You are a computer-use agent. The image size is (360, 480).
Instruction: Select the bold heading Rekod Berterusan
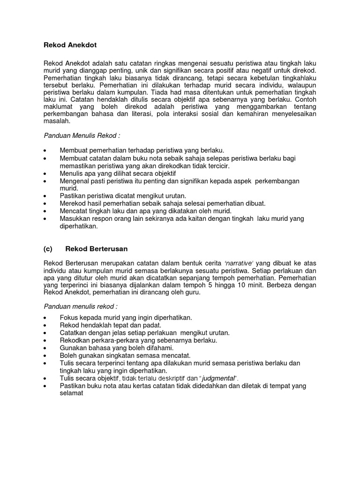tap(97, 248)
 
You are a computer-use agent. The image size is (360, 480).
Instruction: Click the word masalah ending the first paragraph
tap(57, 121)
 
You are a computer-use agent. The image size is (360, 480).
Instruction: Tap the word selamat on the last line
tap(71, 393)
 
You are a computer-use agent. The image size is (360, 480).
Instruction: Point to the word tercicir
tap(218, 165)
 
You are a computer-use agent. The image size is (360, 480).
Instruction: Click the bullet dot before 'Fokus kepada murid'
tap(45, 317)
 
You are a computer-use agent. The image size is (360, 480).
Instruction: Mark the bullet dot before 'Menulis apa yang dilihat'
tap(45, 173)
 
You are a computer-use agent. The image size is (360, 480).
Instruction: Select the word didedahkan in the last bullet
tap(202, 386)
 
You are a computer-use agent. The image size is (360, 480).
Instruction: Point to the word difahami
tap(158, 348)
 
